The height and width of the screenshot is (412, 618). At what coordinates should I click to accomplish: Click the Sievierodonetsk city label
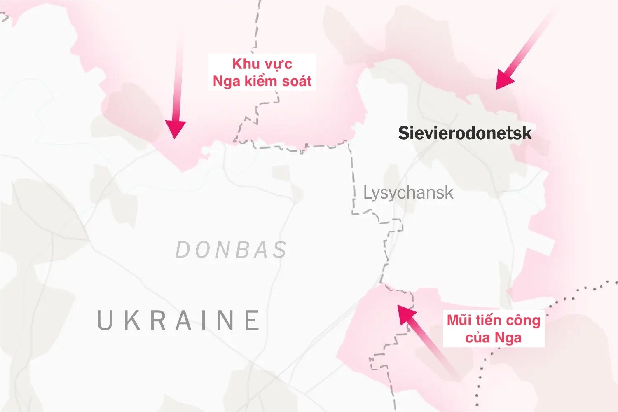(x=464, y=133)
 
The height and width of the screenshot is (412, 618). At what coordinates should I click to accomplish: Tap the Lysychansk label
(x=408, y=193)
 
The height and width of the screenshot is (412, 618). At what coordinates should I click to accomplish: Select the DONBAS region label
(x=231, y=250)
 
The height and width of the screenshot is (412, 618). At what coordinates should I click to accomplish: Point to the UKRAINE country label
(x=179, y=320)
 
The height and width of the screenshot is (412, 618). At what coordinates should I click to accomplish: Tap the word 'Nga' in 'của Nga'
(x=508, y=338)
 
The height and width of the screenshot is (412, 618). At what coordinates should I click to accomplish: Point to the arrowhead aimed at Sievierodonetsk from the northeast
(x=502, y=81)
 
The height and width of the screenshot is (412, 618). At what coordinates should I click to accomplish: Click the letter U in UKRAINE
(x=105, y=320)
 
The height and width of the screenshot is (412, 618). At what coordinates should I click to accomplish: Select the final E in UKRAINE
(x=252, y=320)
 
